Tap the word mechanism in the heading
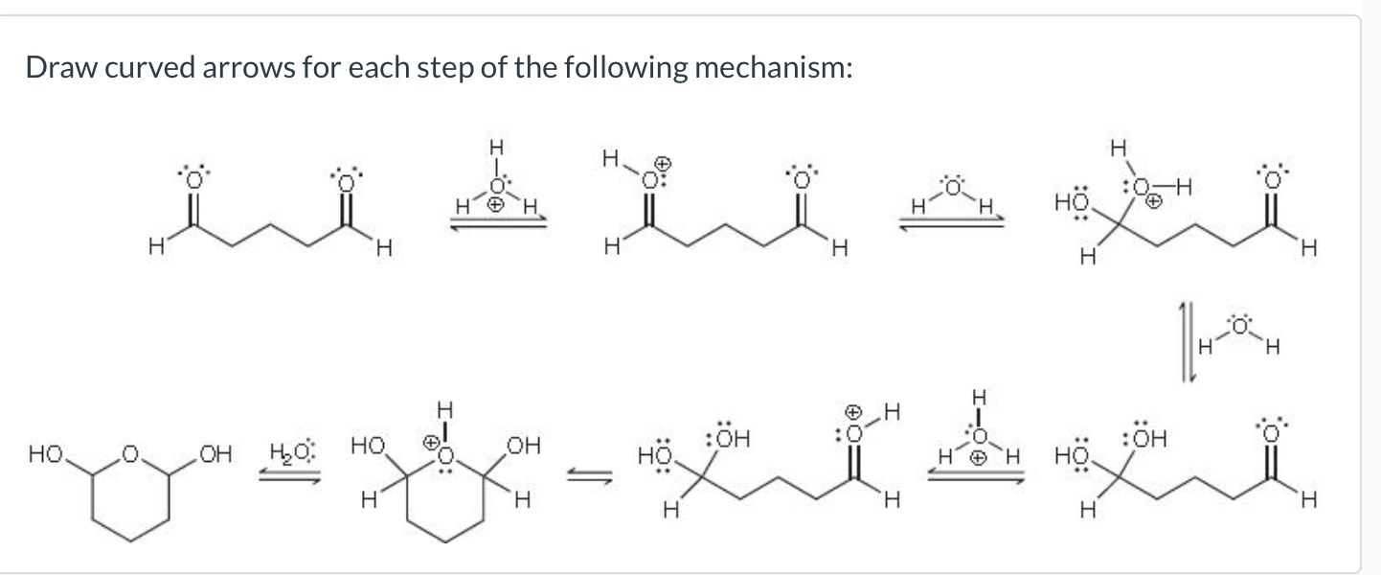tap(772, 68)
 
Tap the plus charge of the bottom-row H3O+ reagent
tap(977, 457)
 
